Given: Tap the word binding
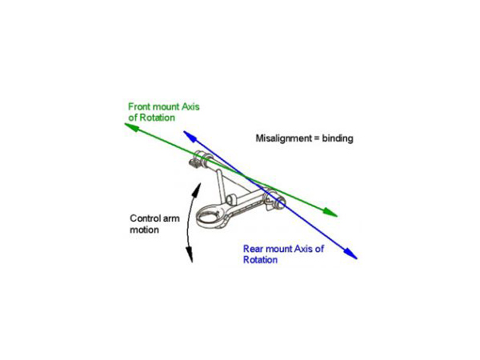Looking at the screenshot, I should [337, 138].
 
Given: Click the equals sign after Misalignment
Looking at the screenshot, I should [314, 138].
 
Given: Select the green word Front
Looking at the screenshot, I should [142, 106].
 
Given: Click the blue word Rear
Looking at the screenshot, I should [254, 249].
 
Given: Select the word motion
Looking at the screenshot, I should [145, 230].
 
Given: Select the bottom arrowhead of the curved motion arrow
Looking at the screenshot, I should [191, 258].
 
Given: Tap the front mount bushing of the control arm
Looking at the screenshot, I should [200, 159].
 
